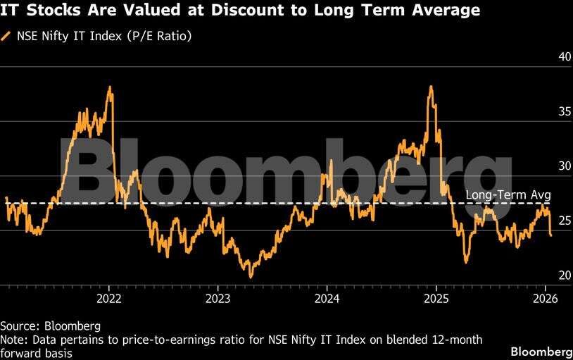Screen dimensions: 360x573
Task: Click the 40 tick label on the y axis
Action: [544, 58]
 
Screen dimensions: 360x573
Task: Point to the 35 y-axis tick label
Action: [544, 112]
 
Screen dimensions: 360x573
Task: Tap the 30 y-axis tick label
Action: [544, 167]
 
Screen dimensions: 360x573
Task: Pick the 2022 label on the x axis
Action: [109, 299]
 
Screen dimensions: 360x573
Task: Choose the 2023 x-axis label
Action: [218, 299]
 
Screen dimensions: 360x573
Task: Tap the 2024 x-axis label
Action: [327, 299]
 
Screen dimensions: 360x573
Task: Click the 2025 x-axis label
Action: [436, 299]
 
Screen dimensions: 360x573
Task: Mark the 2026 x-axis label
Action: [546, 299]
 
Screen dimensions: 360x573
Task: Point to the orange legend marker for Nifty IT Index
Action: [6, 35]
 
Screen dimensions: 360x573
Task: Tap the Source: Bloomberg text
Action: [51, 326]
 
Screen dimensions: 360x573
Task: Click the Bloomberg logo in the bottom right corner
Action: [541, 351]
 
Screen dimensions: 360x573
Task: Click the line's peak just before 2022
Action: [110, 87]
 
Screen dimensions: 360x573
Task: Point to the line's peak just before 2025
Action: [430, 87]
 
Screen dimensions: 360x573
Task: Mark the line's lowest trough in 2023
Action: [250, 277]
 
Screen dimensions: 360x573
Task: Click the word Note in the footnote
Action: [13, 340]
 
